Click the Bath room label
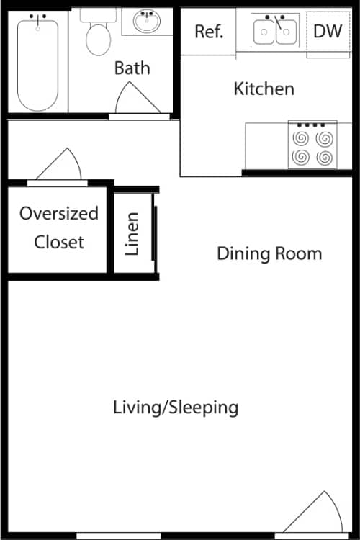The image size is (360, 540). (x=132, y=68)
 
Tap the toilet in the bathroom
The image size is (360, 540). (x=98, y=35)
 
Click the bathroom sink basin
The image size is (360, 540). (x=150, y=21)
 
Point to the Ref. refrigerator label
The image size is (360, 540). (x=210, y=32)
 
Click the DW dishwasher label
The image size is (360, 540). (x=328, y=31)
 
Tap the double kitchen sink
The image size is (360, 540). (x=275, y=31)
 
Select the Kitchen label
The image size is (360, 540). (x=264, y=89)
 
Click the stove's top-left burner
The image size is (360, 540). (x=300, y=138)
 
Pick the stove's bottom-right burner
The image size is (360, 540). (x=324, y=156)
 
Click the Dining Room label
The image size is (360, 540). (x=269, y=253)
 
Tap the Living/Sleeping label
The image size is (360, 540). (x=176, y=408)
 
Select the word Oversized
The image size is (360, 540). (x=59, y=214)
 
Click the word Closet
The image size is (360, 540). (x=59, y=242)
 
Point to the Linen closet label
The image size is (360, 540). (x=133, y=234)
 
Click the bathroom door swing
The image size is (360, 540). (x=137, y=99)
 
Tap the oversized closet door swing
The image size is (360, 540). (x=62, y=166)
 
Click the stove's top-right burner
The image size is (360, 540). (x=324, y=138)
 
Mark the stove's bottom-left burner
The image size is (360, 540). (x=300, y=156)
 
